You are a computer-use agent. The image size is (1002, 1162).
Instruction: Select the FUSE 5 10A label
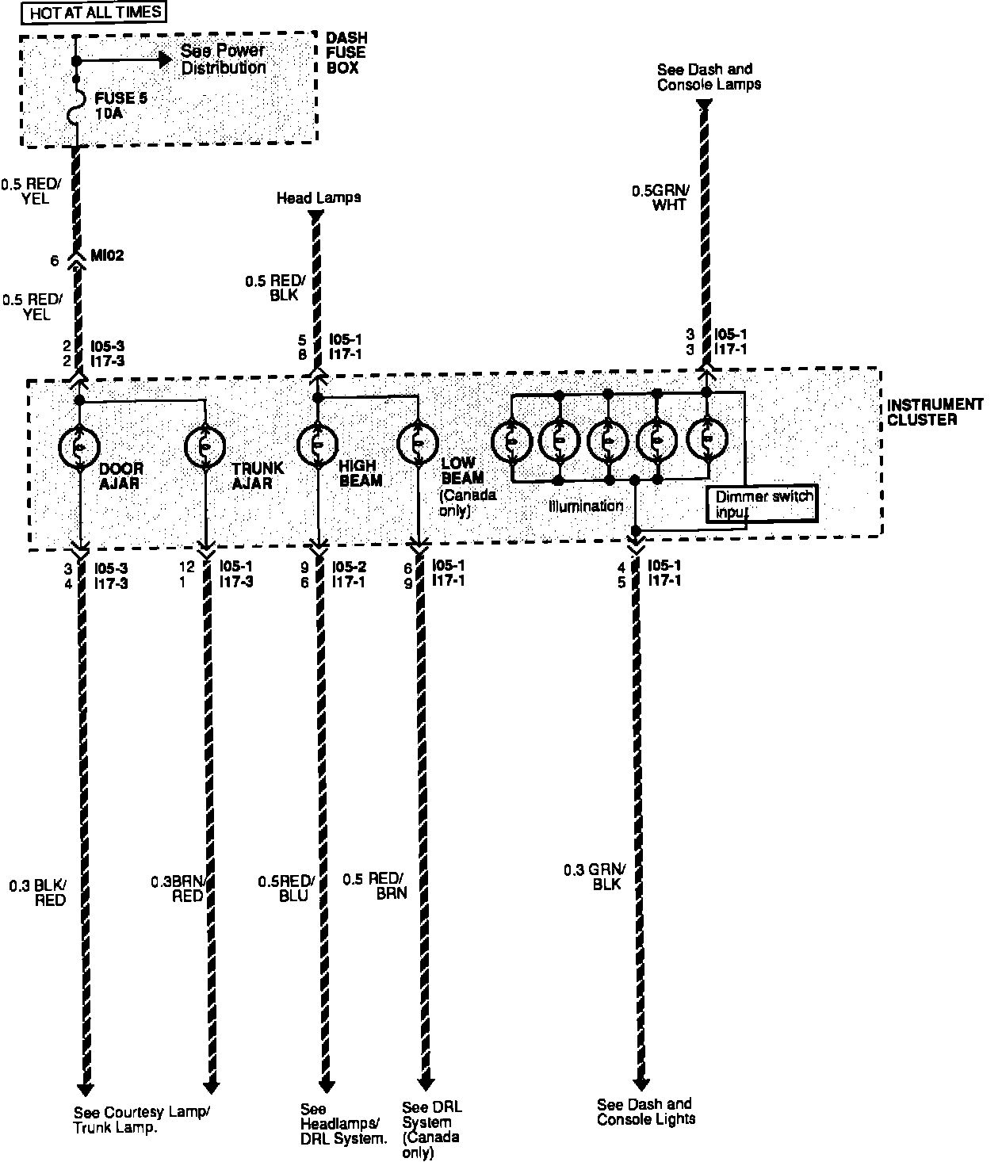click(120, 105)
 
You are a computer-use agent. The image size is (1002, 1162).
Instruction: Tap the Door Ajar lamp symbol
click(79, 447)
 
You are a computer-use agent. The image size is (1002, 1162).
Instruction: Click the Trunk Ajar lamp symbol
click(205, 447)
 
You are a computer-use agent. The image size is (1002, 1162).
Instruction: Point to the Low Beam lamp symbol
click(417, 444)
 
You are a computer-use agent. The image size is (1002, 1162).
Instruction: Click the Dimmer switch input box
click(762, 504)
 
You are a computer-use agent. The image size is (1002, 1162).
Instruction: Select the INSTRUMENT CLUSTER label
click(935, 411)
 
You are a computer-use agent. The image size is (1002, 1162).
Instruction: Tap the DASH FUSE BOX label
click(347, 53)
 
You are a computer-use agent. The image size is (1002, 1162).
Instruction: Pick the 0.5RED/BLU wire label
click(287, 889)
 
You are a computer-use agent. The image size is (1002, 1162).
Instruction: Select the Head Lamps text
click(318, 197)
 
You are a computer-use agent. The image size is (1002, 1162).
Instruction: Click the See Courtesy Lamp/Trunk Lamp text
click(142, 1120)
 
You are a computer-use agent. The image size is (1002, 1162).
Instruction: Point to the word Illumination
click(585, 506)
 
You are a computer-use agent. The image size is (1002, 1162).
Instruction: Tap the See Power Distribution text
click(224, 59)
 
